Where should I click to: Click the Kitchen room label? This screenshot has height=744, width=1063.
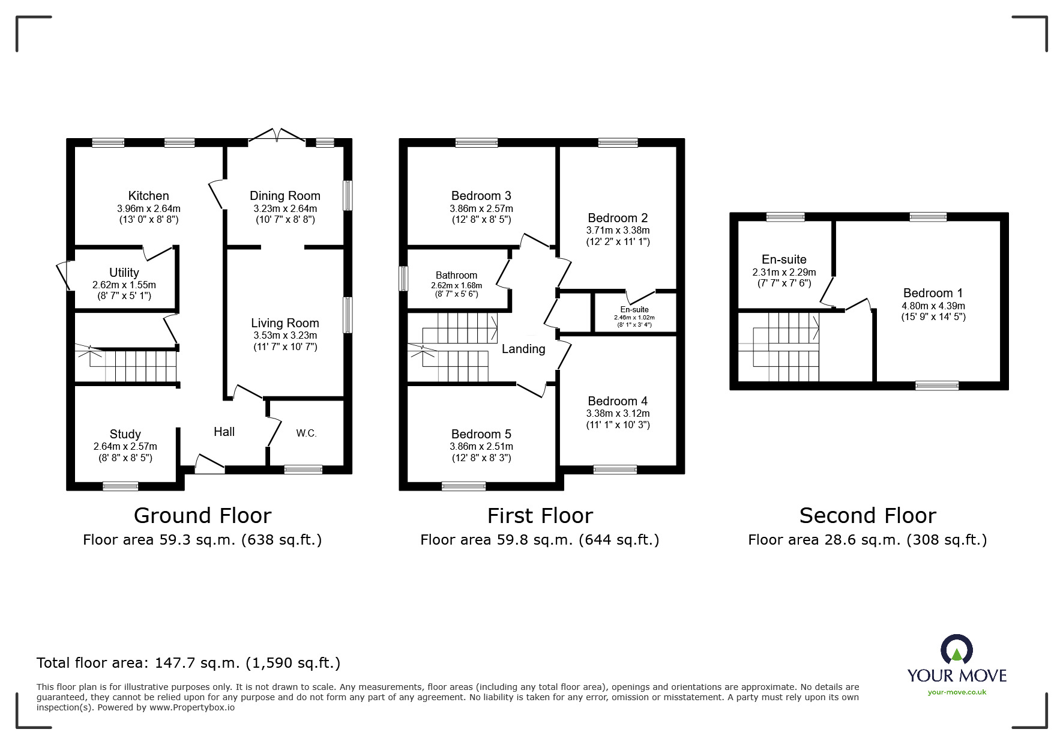click(x=148, y=196)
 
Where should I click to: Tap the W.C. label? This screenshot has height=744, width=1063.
click(x=306, y=433)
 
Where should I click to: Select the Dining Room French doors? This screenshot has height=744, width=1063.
click(x=277, y=136)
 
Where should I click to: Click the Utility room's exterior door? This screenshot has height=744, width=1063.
click(x=62, y=276)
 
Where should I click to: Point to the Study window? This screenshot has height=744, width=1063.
click(x=121, y=486)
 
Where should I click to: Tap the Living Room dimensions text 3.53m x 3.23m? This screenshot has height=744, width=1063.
click(x=285, y=336)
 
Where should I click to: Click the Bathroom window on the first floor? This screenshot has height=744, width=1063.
click(x=404, y=278)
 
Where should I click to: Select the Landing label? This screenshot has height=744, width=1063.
click(x=523, y=349)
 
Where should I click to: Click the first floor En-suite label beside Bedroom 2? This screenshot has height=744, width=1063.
click(x=634, y=310)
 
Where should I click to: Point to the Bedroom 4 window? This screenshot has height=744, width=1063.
click(x=615, y=470)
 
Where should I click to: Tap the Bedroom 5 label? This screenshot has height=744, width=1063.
click(x=481, y=434)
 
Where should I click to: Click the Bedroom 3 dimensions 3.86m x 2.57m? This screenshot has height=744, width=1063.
click(x=481, y=209)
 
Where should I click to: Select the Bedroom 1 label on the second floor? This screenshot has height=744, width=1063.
click(x=933, y=293)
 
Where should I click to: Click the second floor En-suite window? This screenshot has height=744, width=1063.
click(x=785, y=217)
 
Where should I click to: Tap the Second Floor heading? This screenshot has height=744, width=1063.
click(x=867, y=516)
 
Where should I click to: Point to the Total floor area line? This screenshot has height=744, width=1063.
click(x=188, y=663)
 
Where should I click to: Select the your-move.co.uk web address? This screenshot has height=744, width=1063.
click(x=957, y=692)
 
